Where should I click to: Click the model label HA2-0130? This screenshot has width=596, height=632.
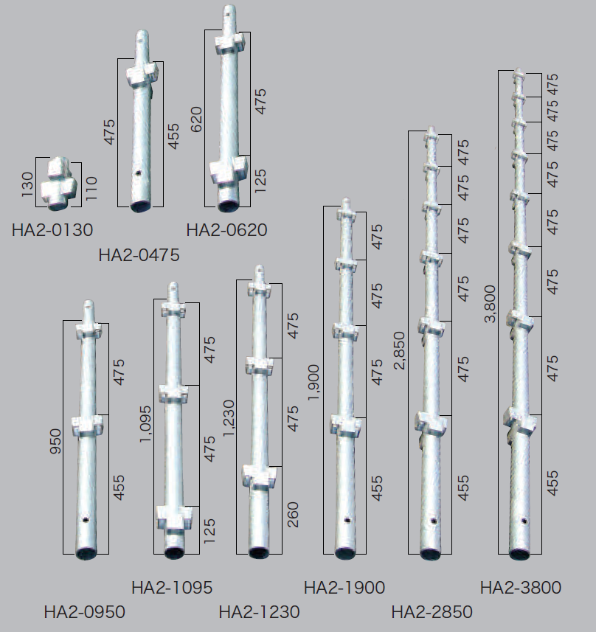pyautogui.click(x=52, y=230)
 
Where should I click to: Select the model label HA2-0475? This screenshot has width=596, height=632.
pyautogui.click(x=139, y=255)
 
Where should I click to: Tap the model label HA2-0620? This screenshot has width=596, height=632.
pyautogui.click(x=226, y=230)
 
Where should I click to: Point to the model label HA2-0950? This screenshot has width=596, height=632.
pyautogui.click(x=85, y=612)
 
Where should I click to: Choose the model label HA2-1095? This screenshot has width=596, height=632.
pyautogui.click(x=172, y=588)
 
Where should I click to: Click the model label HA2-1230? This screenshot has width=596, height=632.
pyautogui.click(x=260, y=612)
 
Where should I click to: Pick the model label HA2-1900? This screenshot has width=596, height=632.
pyautogui.click(x=344, y=588)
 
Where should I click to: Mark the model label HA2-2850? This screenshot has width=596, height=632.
pyautogui.click(x=432, y=612)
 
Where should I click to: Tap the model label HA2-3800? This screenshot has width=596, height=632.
pyautogui.click(x=521, y=588)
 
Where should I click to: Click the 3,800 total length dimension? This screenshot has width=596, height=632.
pyautogui.click(x=490, y=305)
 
